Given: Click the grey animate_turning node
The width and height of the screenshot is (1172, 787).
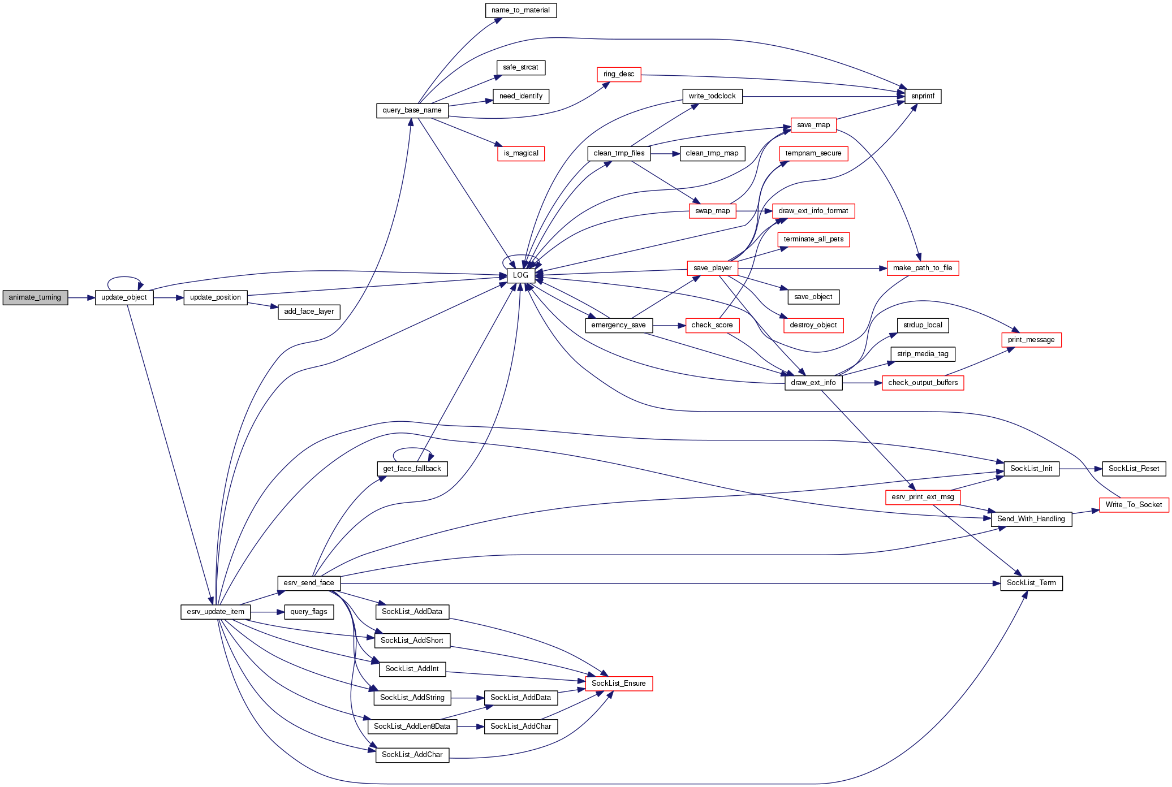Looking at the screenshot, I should tap(35, 297).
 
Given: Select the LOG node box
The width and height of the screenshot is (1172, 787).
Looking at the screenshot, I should tap(520, 275).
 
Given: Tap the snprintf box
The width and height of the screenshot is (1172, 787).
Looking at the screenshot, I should tap(923, 96).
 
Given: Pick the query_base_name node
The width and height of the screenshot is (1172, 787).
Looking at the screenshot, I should tap(412, 110).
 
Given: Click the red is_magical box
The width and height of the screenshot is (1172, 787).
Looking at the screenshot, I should tap(521, 153).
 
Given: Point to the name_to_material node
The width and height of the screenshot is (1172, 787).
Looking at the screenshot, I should tap(520, 10).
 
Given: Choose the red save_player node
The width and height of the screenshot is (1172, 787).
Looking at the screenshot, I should tap(712, 268).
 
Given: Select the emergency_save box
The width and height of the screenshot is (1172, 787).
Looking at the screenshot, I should tap(618, 325).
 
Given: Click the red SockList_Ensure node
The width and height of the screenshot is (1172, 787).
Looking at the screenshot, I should tap(618, 684).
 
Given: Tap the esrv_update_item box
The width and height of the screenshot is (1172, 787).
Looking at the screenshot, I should tap(216, 612).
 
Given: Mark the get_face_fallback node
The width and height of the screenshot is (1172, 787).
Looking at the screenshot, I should tap(412, 469).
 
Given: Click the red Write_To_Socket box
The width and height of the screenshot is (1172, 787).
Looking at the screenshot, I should tap(1134, 505).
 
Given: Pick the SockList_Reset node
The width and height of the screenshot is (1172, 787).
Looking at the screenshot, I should tap(1134, 469).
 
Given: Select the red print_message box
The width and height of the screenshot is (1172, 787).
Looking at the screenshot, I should tap(1031, 340).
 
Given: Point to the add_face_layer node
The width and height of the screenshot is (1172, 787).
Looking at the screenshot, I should tap(309, 312).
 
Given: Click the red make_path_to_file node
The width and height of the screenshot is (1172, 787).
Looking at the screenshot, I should tap(923, 268).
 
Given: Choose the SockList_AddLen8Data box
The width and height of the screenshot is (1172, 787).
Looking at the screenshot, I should tap(412, 727).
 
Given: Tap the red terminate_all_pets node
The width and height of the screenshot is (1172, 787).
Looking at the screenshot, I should tap(813, 239).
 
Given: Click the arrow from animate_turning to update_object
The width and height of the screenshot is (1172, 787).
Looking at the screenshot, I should tap(81, 297).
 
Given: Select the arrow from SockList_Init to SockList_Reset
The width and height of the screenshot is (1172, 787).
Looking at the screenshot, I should tap(1080, 469).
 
